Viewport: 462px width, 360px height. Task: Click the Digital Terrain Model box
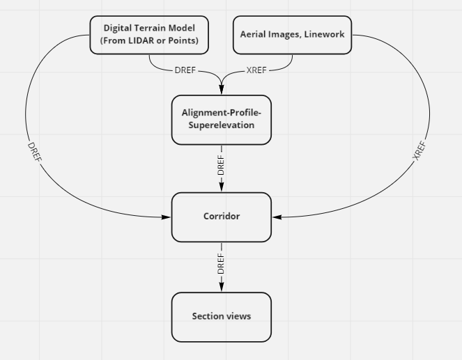149,35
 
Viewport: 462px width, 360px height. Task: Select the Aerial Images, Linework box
292,35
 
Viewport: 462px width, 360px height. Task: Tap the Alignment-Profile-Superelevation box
221,120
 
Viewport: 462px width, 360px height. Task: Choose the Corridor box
221,217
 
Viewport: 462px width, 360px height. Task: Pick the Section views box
221,317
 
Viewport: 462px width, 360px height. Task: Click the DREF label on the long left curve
35,152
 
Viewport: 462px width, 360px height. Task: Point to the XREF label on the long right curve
419,151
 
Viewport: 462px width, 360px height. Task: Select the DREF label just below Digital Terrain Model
185,70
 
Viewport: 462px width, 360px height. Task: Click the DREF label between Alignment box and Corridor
222,165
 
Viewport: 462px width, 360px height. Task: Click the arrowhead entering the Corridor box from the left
167,217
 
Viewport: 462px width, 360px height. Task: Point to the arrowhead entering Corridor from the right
277,217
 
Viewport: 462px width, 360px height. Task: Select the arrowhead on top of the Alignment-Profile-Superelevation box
222,90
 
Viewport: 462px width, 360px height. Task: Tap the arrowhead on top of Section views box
222,288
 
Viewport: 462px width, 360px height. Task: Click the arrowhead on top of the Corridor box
222,188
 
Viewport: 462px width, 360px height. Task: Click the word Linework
324,34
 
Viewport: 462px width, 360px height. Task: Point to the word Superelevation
221,125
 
